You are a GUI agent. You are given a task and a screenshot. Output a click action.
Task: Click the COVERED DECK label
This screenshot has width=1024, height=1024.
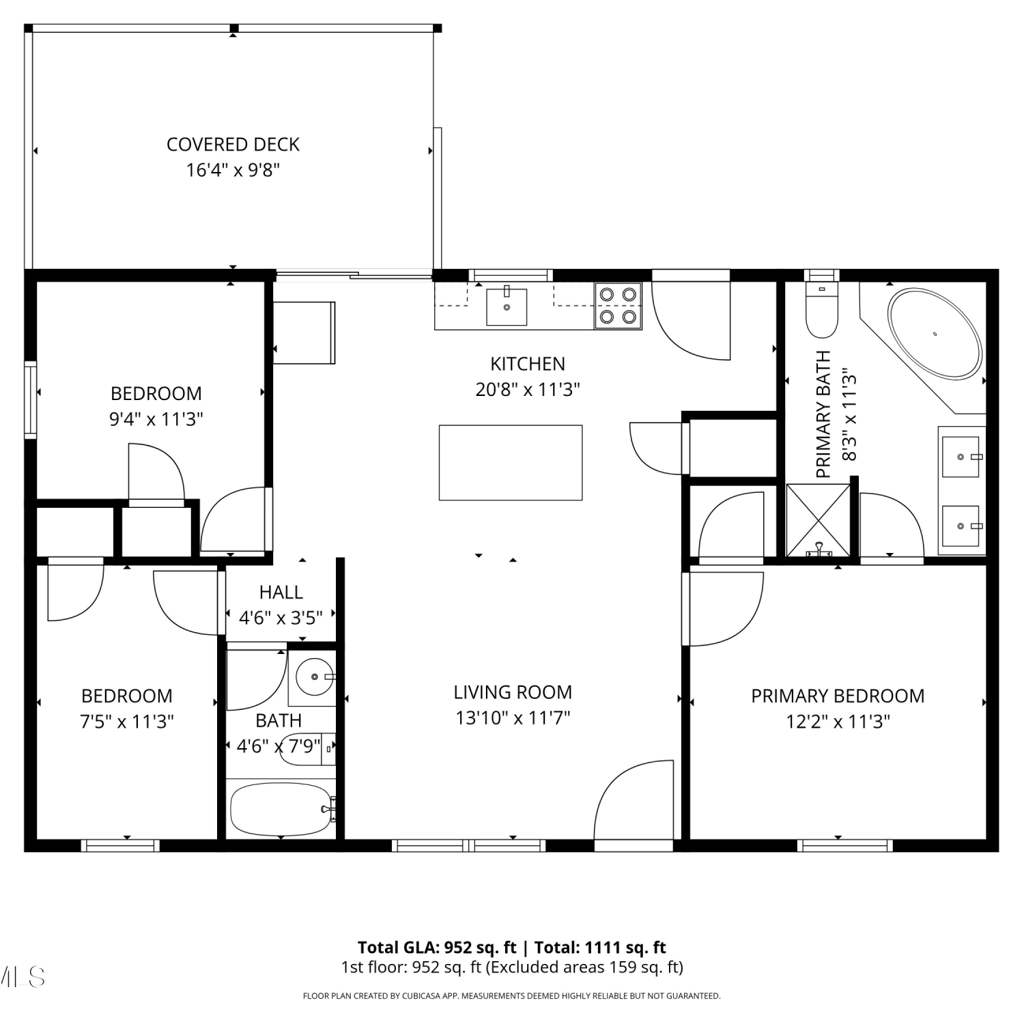(233, 145)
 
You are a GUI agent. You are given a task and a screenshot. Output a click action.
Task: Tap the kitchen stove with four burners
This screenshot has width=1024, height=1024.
(618, 306)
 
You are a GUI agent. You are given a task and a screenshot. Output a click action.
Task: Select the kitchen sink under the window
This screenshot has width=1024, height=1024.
(507, 307)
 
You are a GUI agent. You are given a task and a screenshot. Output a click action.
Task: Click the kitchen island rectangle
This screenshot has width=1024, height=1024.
(511, 463)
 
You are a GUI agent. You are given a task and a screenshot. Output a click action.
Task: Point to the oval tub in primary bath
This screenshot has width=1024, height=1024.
(935, 334)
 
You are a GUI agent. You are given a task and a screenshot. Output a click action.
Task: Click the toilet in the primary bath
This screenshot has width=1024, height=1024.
(822, 310)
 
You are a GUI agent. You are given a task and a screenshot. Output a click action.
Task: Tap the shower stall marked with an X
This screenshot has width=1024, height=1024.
(819, 520)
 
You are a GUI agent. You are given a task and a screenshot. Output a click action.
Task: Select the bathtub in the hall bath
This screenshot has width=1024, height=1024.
(281, 810)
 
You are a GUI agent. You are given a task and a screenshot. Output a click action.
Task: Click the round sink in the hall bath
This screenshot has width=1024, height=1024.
(315, 677)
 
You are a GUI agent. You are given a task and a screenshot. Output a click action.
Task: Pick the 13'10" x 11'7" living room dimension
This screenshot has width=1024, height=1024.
(513, 718)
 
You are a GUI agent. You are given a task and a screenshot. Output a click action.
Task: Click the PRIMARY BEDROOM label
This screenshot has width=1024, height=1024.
(838, 696)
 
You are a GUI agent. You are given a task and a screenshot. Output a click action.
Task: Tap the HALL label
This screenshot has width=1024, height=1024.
(281, 592)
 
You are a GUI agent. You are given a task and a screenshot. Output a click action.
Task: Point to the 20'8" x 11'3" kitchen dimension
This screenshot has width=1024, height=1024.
(528, 389)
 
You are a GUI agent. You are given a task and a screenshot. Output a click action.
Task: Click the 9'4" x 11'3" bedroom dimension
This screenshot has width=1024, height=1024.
(156, 418)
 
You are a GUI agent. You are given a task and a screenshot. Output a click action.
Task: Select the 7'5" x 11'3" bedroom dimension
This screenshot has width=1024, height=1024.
(127, 722)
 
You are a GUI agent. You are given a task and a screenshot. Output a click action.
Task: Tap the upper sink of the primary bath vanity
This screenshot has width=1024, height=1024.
(961, 456)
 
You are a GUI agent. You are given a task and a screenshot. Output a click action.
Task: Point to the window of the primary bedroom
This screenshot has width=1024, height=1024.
(845, 846)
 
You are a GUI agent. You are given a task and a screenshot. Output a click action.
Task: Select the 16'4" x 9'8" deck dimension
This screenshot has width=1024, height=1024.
(233, 170)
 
